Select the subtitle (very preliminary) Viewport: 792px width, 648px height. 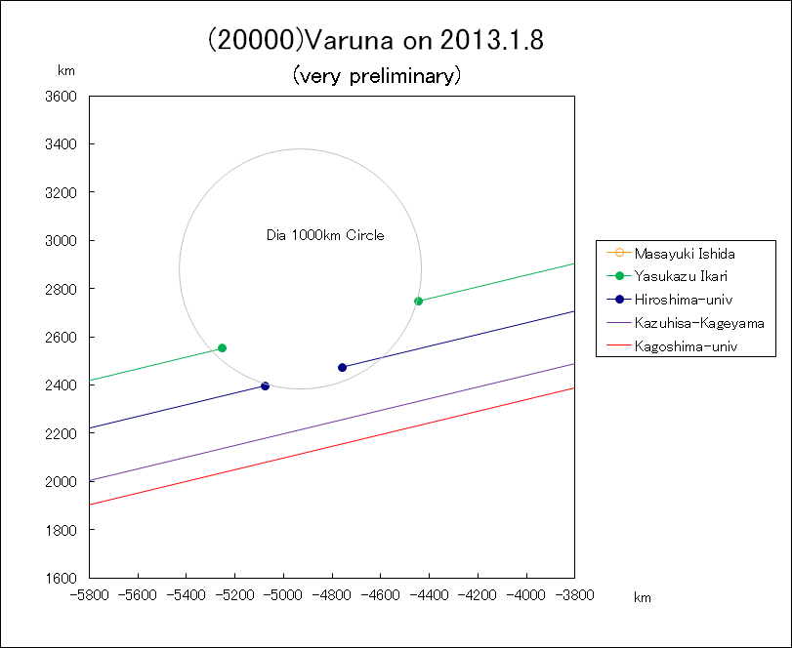376,75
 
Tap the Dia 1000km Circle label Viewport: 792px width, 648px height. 325,235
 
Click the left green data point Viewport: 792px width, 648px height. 222,347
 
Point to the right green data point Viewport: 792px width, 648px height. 418,301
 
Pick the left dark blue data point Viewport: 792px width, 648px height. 265,385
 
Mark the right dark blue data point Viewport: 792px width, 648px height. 342,367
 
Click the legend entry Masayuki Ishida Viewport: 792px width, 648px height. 684,253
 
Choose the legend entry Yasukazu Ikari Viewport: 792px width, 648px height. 680,276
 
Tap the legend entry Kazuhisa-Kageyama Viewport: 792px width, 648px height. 698,322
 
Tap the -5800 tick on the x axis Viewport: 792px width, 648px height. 90,592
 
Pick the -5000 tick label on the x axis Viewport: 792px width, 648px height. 284,592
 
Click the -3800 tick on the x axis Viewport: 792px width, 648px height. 574,592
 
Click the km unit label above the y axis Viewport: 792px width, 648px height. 66,70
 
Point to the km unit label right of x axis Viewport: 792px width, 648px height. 642,597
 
